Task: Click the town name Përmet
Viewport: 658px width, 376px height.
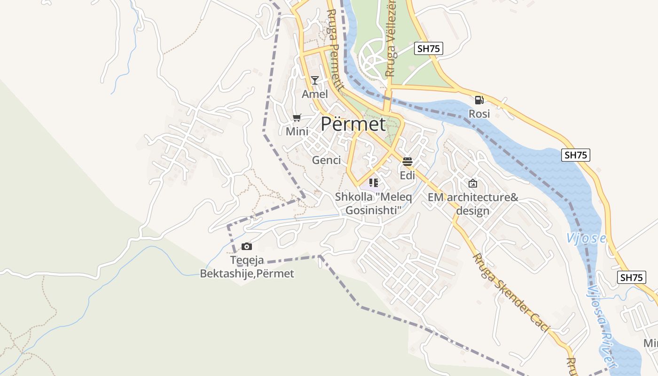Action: tap(353, 125)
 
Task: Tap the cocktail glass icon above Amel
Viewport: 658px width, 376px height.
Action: tap(315, 80)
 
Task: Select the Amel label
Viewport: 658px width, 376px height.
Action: tap(315, 94)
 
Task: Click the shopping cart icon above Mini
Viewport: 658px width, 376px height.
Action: tap(297, 117)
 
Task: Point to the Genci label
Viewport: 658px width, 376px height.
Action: tap(326, 160)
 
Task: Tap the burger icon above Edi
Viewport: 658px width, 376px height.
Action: tap(407, 162)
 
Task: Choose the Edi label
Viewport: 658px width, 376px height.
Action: tap(407, 175)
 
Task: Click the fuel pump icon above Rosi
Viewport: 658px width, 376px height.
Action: tap(479, 100)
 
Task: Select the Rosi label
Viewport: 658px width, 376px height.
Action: tap(479, 114)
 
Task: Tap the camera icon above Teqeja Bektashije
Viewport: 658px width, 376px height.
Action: tap(247, 246)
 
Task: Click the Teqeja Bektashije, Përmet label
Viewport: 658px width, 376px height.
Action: tap(247, 267)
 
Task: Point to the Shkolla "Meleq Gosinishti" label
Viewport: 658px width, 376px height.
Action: tap(374, 204)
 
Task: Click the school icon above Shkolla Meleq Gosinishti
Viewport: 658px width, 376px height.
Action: tap(374, 182)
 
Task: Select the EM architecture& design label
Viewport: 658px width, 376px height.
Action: tap(473, 204)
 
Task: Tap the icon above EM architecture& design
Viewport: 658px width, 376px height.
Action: tap(473, 183)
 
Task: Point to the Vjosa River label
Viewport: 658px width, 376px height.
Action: tap(602, 324)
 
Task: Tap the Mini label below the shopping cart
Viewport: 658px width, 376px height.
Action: tap(297, 132)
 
